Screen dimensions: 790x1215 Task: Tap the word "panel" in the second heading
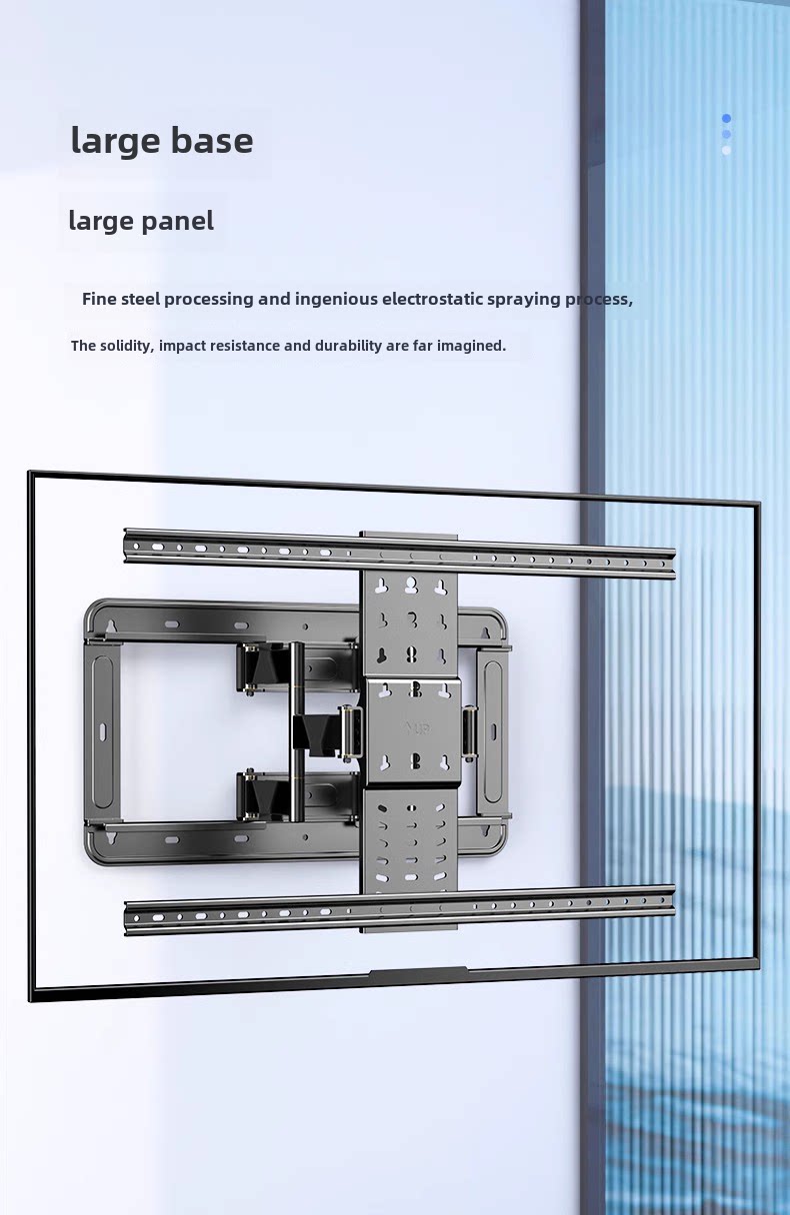point(178,221)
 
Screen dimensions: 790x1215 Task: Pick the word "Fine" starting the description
point(100,299)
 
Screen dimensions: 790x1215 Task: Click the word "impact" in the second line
point(183,346)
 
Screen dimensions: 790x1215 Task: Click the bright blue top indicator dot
point(727,118)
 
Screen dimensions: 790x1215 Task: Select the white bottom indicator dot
point(727,150)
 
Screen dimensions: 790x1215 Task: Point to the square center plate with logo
point(412,730)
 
